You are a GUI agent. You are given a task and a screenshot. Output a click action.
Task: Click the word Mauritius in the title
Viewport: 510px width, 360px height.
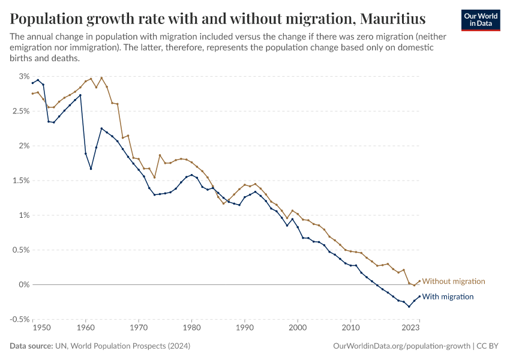[392, 18]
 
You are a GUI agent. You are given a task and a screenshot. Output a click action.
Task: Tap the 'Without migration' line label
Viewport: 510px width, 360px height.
[454, 281]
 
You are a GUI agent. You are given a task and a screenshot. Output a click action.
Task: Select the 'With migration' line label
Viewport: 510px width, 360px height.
[448, 296]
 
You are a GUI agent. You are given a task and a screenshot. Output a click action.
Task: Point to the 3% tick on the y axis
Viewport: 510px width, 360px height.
[23, 76]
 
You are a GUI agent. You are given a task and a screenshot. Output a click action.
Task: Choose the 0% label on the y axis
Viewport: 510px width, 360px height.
[23, 284]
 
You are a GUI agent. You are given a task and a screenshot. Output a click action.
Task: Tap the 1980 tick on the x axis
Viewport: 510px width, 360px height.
[191, 328]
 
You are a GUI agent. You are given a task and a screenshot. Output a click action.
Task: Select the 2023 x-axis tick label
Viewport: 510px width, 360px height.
[410, 328]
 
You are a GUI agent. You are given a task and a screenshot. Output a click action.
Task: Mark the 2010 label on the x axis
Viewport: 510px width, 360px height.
[350, 328]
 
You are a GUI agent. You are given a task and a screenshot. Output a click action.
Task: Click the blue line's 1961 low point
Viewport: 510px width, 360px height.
[91, 169]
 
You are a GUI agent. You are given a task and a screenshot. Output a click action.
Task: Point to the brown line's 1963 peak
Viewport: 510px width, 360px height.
[101, 77]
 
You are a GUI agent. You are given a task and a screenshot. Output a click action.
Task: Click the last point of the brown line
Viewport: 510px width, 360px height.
[419, 281]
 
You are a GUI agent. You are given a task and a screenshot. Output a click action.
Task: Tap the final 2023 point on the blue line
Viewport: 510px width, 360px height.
[419, 296]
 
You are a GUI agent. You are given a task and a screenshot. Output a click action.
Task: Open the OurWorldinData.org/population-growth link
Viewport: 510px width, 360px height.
[401, 346]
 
